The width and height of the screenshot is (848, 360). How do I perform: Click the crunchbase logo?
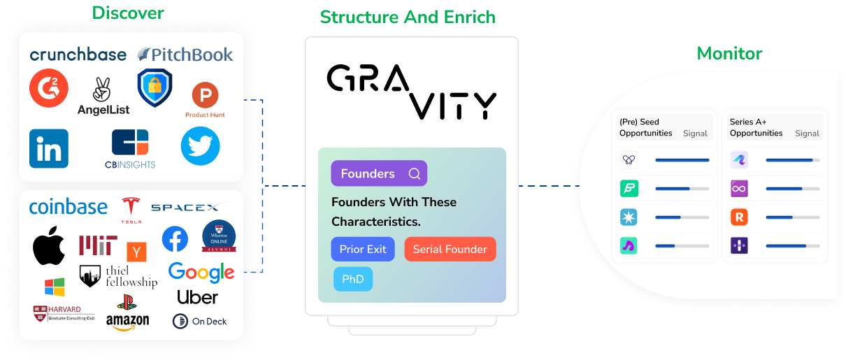point(78,55)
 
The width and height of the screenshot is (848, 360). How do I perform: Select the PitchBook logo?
point(185,55)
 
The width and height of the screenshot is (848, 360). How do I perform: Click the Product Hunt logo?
point(205,100)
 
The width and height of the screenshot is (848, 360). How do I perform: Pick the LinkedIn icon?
point(49,148)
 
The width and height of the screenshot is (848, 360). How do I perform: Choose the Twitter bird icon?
point(200,146)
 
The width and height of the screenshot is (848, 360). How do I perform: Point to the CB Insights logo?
point(131,148)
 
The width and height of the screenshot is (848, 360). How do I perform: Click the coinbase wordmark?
point(69,207)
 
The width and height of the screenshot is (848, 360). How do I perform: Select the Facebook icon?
point(175,239)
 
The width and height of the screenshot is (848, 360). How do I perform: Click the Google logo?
point(201,272)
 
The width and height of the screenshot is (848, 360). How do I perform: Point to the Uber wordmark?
point(197,297)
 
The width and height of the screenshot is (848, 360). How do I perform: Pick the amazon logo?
point(127,321)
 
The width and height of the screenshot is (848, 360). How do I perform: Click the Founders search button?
point(378,173)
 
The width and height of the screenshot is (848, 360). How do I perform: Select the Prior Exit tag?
point(363,250)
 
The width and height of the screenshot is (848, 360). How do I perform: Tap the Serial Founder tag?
point(450,250)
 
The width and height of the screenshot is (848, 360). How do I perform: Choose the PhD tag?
point(353,279)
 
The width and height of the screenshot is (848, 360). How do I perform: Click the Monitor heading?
point(729,53)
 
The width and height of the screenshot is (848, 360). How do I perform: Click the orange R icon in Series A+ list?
point(739,217)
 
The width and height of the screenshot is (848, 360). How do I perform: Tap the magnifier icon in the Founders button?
point(415,173)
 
